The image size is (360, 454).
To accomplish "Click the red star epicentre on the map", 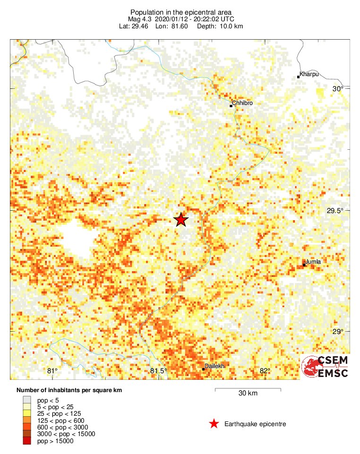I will (180, 220).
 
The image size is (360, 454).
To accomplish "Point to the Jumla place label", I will (313, 262).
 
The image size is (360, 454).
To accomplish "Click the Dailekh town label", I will (215, 366).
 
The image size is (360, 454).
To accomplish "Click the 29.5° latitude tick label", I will (336, 211).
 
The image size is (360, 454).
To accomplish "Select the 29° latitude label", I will (338, 332).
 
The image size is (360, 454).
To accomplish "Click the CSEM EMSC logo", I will (326, 367).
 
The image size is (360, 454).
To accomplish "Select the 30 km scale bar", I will (248, 390).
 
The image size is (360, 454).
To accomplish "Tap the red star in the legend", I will (214, 424).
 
